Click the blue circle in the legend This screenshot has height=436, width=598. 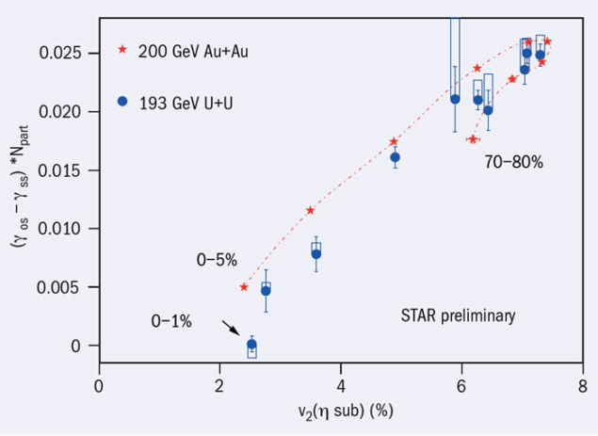pos(122,100)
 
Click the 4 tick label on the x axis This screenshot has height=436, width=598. pos(341,384)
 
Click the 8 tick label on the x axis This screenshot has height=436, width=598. pos(583,384)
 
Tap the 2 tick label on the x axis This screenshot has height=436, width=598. pos(220,384)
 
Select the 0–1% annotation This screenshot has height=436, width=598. pos(171,321)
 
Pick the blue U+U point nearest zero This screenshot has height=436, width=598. pos(251,345)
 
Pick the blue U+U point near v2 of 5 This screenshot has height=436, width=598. pos(395,157)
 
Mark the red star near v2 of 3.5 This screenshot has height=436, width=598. pos(310,210)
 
